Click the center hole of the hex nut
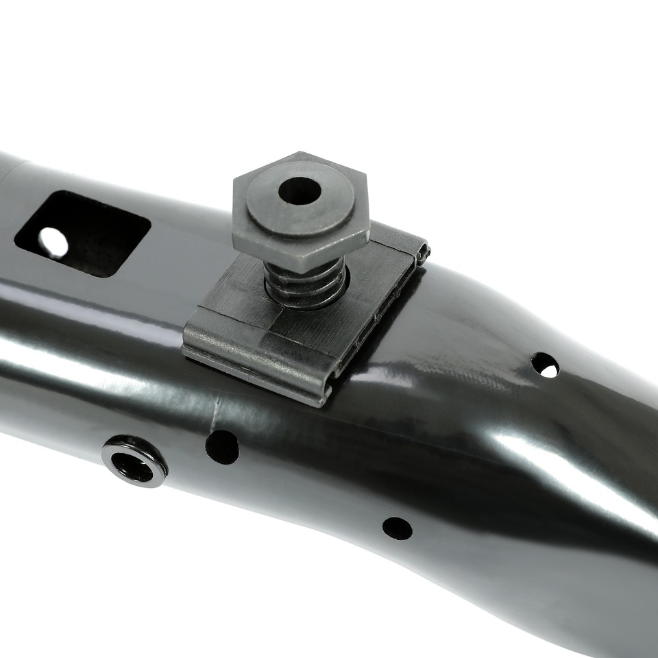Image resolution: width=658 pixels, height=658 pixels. (x=300, y=191)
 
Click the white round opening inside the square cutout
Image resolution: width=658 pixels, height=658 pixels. (x=53, y=242)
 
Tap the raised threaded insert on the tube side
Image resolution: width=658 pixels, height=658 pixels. (x=134, y=461)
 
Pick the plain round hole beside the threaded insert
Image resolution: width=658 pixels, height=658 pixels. (x=222, y=447)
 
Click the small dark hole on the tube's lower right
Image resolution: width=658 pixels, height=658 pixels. (x=398, y=528)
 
